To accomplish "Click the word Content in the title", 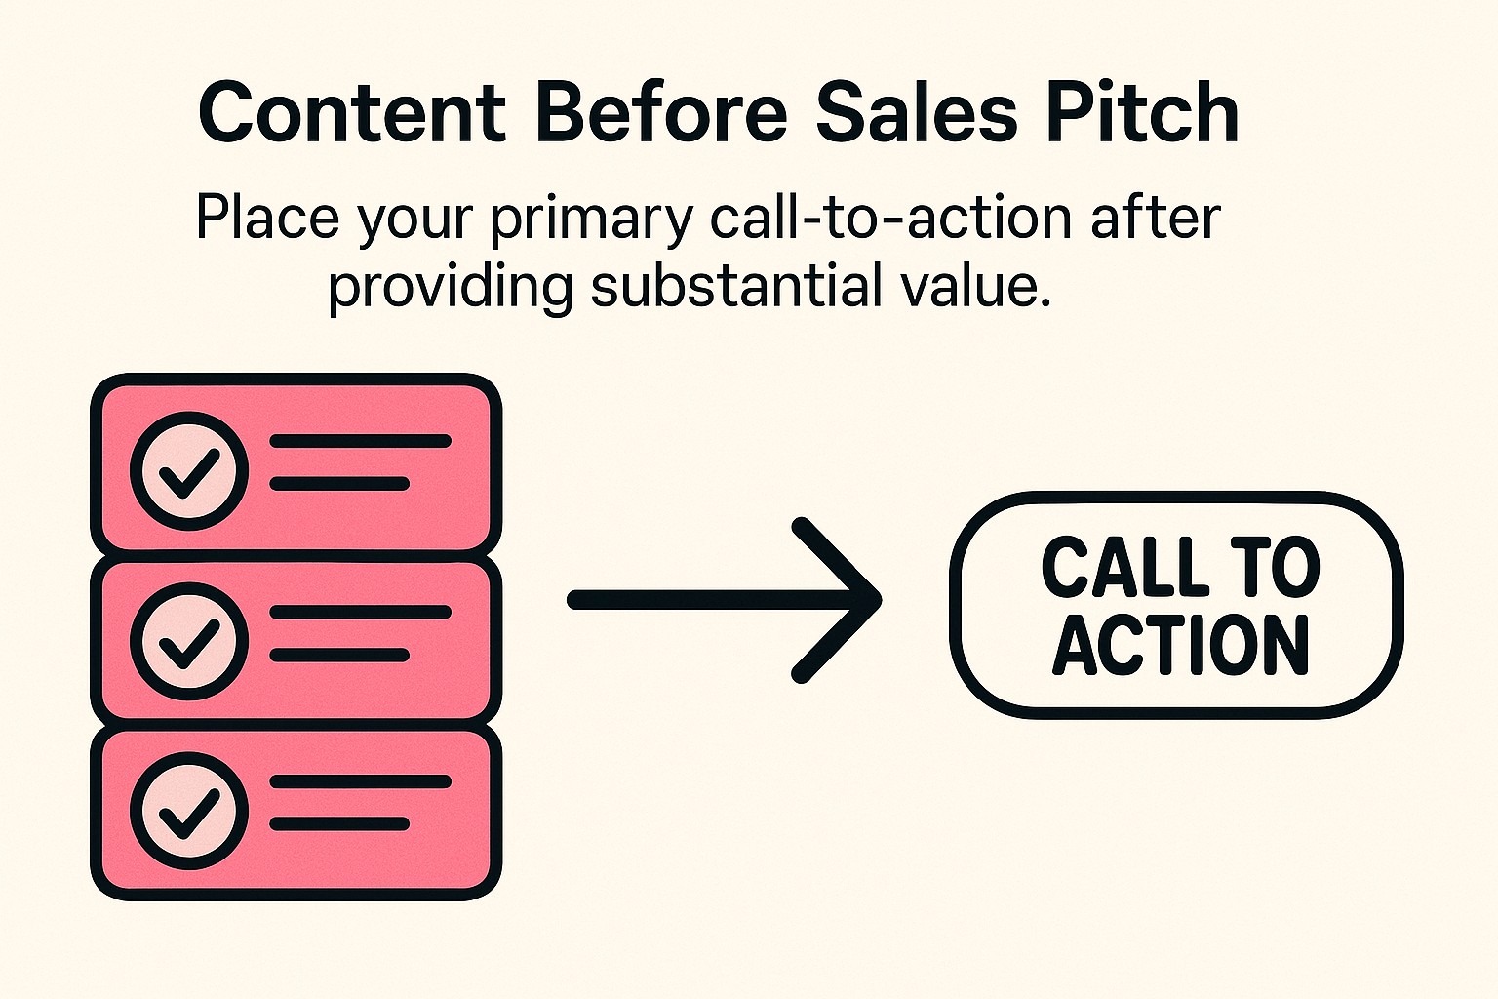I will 352,112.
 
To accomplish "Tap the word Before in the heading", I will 661,112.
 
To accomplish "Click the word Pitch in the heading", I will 1142,112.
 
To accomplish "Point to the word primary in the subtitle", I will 591,219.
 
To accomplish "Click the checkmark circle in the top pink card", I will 189,470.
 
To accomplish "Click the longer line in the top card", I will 360,441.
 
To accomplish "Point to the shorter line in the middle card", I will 338,655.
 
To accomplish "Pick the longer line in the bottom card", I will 360,781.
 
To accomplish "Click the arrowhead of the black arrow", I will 858,600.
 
